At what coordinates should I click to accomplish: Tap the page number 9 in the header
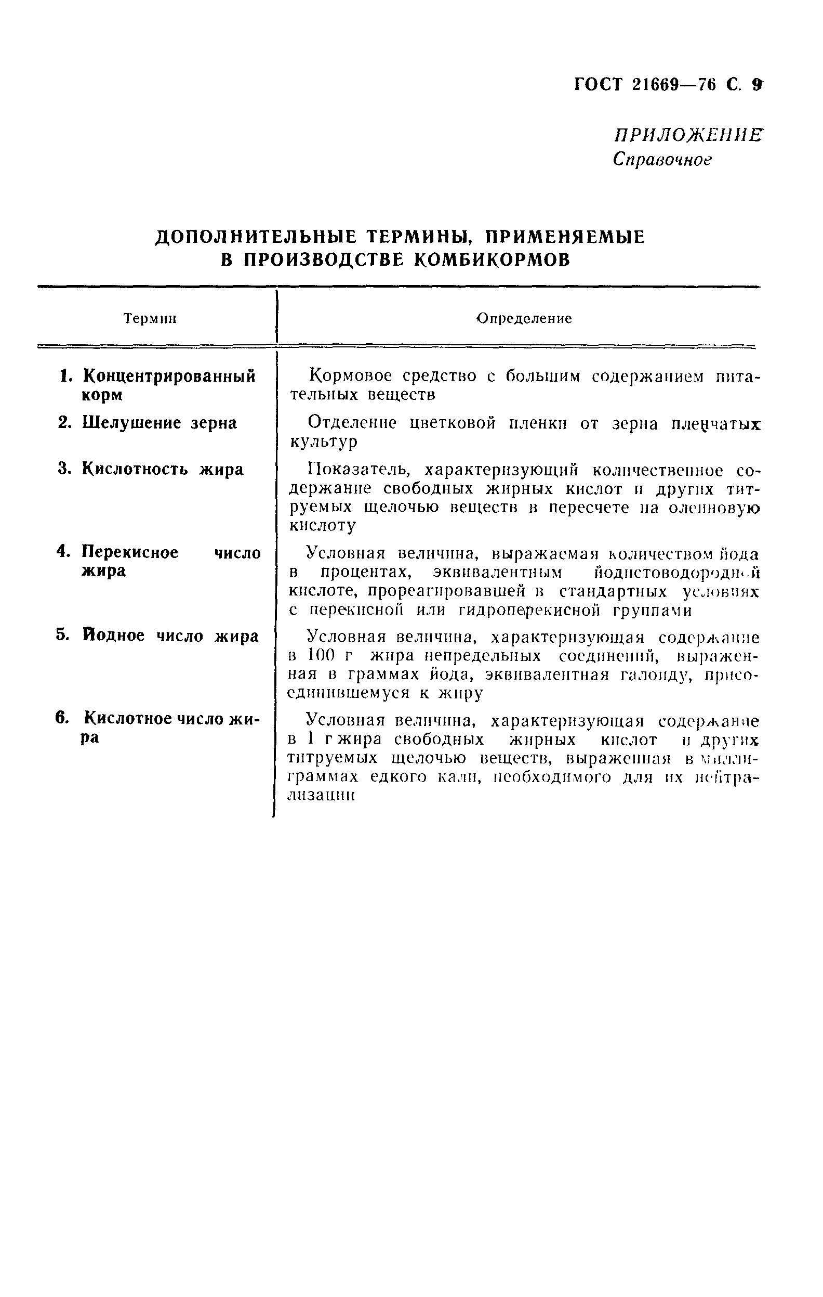pos(758,85)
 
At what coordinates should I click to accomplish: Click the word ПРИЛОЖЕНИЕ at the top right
pos(688,135)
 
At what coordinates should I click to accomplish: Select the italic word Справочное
pos(662,160)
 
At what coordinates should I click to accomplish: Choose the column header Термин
pos(150,319)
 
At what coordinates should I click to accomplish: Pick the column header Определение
pos(525,318)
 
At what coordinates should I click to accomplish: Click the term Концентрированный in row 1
pos(169,376)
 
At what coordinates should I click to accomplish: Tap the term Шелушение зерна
pos(160,423)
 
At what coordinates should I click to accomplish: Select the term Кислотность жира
pos(163,470)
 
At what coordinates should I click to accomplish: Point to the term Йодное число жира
pos(170,635)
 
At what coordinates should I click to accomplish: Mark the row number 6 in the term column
pos(62,719)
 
